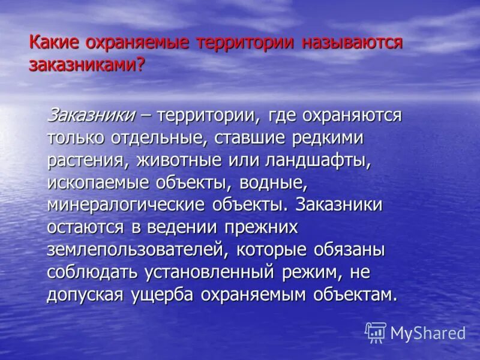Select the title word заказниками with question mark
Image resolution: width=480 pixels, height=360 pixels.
pos(87,65)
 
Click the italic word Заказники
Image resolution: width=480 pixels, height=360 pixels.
pos(91,115)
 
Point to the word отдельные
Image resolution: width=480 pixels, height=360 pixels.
pos(158,137)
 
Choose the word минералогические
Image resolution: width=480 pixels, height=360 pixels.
pos(126,205)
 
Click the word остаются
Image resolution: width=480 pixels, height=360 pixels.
pos(85,227)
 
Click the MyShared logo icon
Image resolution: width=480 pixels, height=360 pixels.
pos(376,332)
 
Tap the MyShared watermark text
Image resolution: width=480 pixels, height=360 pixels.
pos(428,333)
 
